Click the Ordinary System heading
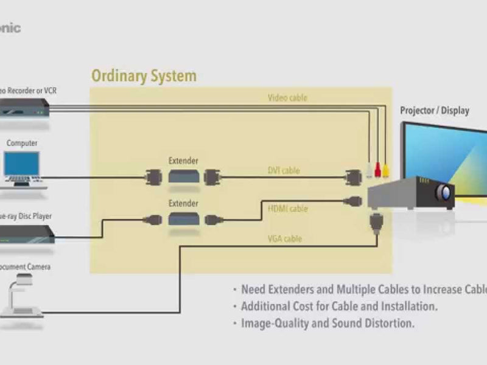pyautogui.click(x=144, y=76)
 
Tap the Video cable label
pyautogui.click(x=287, y=97)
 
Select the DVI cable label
pyautogui.click(x=284, y=171)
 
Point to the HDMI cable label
pyautogui.click(x=287, y=209)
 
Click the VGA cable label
pyautogui.click(x=284, y=239)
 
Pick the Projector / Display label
pyautogui.click(x=434, y=111)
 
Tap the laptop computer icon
pyautogui.click(x=22, y=168)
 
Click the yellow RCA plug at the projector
pyautogui.click(x=386, y=169)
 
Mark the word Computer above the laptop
pyautogui.click(x=22, y=144)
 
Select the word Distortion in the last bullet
pyautogui.click(x=389, y=323)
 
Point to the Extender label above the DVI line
pyautogui.click(x=183, y=161)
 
